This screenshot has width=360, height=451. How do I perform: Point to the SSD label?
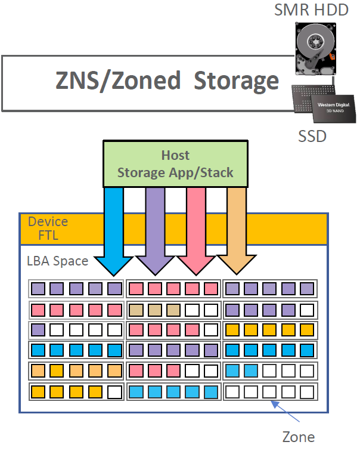point(312,136)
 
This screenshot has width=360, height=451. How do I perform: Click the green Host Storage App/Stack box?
point(175,164)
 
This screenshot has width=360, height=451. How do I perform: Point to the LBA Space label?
point(57,261)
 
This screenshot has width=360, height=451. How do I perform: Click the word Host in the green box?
point(175,156)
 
